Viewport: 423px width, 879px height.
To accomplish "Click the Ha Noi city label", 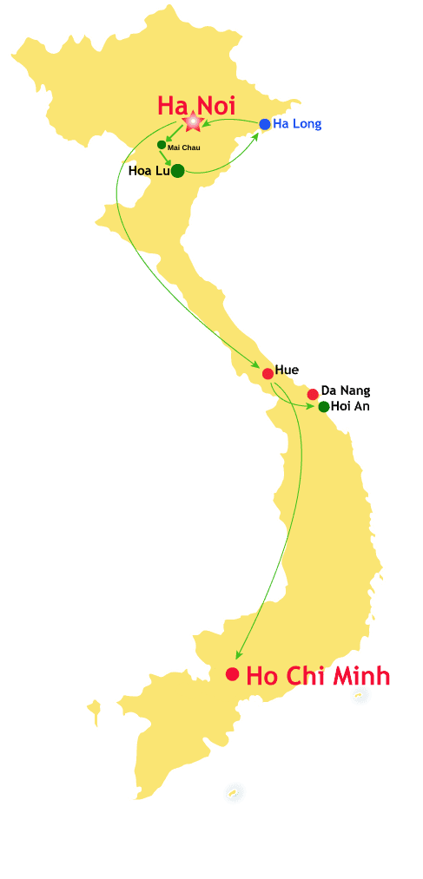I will pyautogui.click(x=196, y=105).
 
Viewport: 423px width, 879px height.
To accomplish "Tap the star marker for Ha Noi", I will pyautogui.click(x=193, y=123).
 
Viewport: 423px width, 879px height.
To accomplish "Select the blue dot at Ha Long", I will pyautogui.click(x=265, y=124).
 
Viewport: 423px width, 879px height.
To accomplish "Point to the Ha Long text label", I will pyautogui.click(x=297, y=124).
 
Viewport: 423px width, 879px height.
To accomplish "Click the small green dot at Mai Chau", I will pyautogui.click(x=162, y=145).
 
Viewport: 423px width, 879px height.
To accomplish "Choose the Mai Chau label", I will pyautogui.click(x=183, y=148).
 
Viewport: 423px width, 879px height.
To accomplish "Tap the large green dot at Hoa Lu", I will pyautogui.click(x=177, y=171).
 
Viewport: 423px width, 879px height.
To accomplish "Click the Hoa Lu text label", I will pyautogui.click(x=148, y=171).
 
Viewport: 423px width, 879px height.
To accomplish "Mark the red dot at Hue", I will pyautogui.click(x=268, y=374).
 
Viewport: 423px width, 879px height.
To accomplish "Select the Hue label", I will pyautogui.click(x=287, y=371).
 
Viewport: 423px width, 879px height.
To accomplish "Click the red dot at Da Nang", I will pyautogui.click(x=313, y=394).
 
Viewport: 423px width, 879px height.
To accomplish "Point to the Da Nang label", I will pyautogui.click(x=346, y=390).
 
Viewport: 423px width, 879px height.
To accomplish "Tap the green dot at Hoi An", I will pyautogui.click(x=324, y=407).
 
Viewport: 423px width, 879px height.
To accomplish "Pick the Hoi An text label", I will pyautogui.click(x=350, y=406).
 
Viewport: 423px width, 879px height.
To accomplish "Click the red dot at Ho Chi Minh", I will pyautogui.click(x=232, y=674).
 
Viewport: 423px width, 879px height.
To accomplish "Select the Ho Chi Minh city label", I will pyautogui.click(x=318, y=676).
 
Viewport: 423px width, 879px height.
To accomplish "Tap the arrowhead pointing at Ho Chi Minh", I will pyautogui.click(x=239, y=655).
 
